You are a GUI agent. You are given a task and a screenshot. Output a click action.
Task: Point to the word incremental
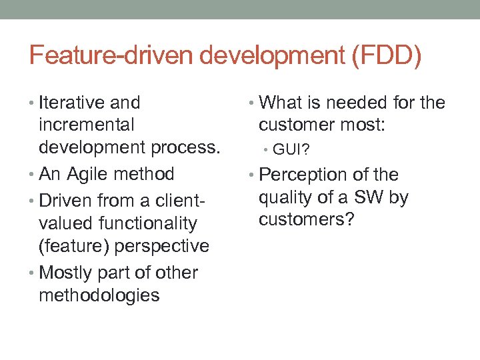tap(87, 125)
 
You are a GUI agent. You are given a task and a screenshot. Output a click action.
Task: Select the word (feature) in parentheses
tap(74, 246)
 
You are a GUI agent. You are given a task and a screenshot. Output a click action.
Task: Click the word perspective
tap(162, 246)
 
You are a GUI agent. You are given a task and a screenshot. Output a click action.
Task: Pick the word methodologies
tap(99, 295)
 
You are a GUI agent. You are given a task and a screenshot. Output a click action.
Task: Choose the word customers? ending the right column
tap(307, 220)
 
